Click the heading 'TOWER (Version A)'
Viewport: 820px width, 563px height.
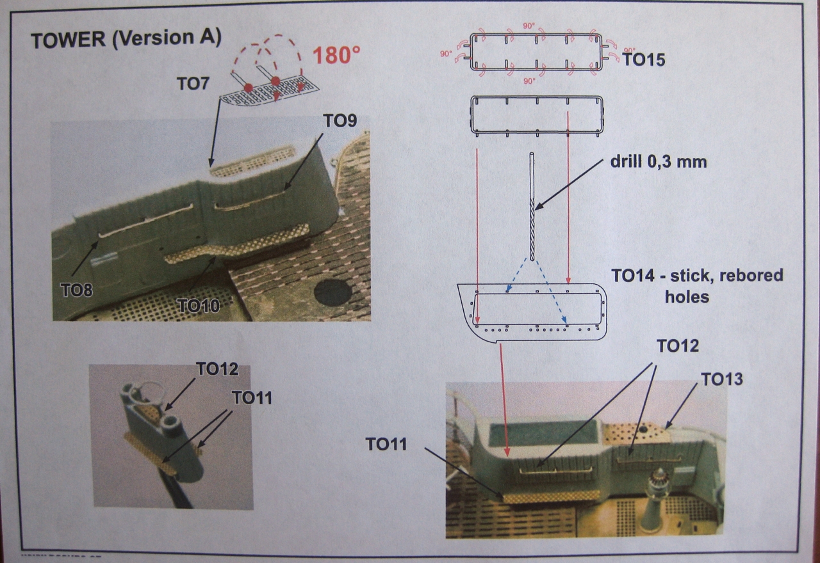point(126,39)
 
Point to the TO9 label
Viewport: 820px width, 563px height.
point(340,122)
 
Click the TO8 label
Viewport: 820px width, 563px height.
point(76,290)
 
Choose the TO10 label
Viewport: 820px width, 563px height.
point(199,306)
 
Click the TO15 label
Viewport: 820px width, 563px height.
point(643,60)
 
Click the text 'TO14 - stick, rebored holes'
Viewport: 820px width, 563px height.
point(697,285)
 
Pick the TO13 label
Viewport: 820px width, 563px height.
point(722,379)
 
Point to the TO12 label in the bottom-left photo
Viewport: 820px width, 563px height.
point(217,369)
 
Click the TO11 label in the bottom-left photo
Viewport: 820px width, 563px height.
point(252,397)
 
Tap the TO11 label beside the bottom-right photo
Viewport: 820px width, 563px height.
point(386,443)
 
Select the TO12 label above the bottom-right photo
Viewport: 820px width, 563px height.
point(677,345)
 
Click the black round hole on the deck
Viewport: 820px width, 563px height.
point(332,292)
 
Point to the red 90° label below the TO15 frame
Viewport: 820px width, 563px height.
point(529,81)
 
